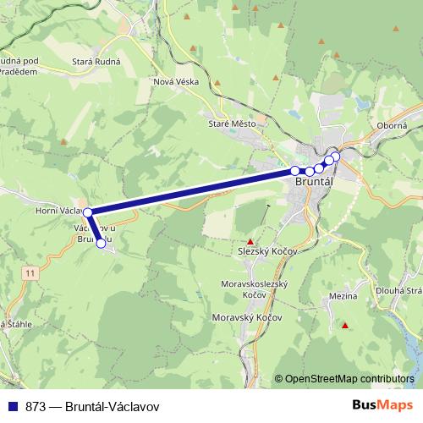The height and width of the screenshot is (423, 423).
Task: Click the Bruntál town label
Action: pos(312,181)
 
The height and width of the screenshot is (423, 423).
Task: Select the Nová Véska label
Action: pos(175,81)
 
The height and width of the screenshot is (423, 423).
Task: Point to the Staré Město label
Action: pos(231,124)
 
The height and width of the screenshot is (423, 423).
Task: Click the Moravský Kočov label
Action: pos(247,317)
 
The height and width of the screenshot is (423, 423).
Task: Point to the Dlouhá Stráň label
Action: pos(403,292)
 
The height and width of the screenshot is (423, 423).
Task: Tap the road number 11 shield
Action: pos(30,272)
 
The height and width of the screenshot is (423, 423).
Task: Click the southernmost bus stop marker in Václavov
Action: pos(101,244)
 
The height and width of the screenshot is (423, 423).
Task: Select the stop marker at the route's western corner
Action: pos(87,211)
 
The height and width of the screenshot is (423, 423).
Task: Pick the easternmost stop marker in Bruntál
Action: pos(335,156)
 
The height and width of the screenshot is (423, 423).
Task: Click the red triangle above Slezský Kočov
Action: pos(250,241)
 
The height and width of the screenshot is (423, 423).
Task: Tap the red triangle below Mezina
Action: pos(345,325)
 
